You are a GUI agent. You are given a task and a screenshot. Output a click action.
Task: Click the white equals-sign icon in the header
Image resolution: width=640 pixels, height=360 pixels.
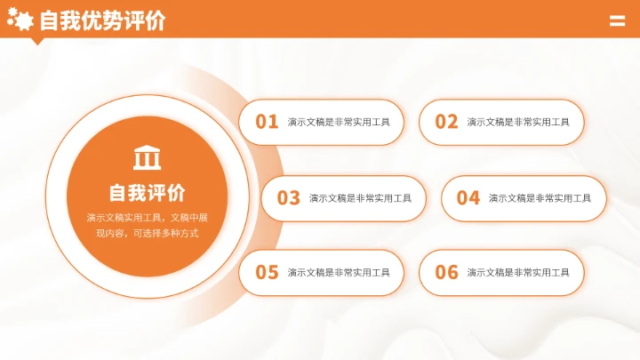(x=617, y=21)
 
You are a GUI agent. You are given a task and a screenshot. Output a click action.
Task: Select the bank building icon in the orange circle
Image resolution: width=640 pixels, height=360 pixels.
(x=147, y=157)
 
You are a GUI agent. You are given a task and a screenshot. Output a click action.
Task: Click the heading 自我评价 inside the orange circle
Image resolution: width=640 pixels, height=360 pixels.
(x=147, y=193)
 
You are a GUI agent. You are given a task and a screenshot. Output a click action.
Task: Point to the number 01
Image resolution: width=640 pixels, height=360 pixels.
(x=268, y=122)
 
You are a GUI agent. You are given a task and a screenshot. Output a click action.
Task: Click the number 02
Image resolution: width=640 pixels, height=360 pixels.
(x=447, y=122)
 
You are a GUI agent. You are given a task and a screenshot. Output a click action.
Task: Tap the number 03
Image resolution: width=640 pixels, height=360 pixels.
(x=289, y=198)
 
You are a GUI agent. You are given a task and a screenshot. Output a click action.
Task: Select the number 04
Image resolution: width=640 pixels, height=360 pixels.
(x=468, y=198)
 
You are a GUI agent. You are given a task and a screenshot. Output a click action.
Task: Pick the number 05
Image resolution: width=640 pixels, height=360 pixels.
(x=268, y=273)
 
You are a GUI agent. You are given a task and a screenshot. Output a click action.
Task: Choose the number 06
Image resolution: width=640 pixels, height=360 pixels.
(x=447, y=273)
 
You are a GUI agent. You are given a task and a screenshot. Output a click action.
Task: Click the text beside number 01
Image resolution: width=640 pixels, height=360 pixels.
(x=339, y=123)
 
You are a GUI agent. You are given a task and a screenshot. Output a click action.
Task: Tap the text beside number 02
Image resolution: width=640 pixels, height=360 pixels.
(x=518, y=123)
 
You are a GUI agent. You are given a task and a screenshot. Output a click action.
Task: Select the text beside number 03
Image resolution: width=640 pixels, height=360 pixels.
(x=360, y=198)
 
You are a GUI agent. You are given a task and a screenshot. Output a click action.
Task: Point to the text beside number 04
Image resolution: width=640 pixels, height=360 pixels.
(x=540, y=198)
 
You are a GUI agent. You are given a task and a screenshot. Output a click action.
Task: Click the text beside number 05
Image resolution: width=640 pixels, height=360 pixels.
(x=339, y=273)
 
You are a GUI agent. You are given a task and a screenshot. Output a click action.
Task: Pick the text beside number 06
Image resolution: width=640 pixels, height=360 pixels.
(x=518, y=273)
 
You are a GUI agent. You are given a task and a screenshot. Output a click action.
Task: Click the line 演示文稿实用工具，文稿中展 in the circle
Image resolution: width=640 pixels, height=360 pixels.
(x=147, y=218)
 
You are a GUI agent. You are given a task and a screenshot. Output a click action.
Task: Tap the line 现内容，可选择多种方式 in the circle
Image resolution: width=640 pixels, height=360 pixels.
(x=147, y=234)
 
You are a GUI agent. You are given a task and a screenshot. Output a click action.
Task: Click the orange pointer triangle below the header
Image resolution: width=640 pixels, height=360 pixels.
(x=37, y=40)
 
